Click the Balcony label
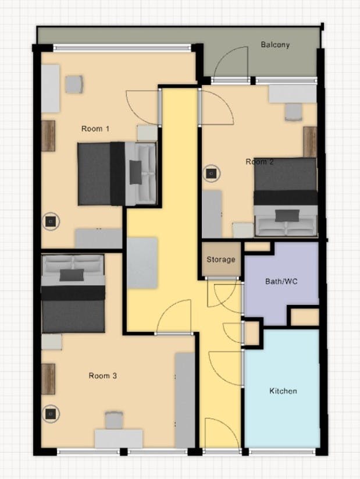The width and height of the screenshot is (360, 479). click(275, 44)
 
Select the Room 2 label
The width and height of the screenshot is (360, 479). click(259, 162)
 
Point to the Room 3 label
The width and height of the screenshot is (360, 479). click(103, 376)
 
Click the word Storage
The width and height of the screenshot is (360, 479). click(222, 260)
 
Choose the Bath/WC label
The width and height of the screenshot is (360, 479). click(281, 282)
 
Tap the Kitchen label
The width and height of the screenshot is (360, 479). click(283, 391)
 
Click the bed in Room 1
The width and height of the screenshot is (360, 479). click(117, 173)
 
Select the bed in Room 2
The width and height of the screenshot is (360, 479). click(285, 197)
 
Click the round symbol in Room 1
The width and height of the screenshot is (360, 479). click(51, 221)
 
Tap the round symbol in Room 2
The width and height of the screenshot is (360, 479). click(210, 173)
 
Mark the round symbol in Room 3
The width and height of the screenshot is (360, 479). click(51, 413)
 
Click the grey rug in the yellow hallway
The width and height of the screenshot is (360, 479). click(142, 262)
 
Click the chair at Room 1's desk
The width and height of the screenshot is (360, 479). click(74, 84)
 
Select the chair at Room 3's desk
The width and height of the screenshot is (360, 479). click(114, 420)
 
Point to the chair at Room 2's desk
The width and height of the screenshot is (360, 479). click(294, 111)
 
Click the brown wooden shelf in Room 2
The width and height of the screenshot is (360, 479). click(310, 141)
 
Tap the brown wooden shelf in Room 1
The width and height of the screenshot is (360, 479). click(48, 136)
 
